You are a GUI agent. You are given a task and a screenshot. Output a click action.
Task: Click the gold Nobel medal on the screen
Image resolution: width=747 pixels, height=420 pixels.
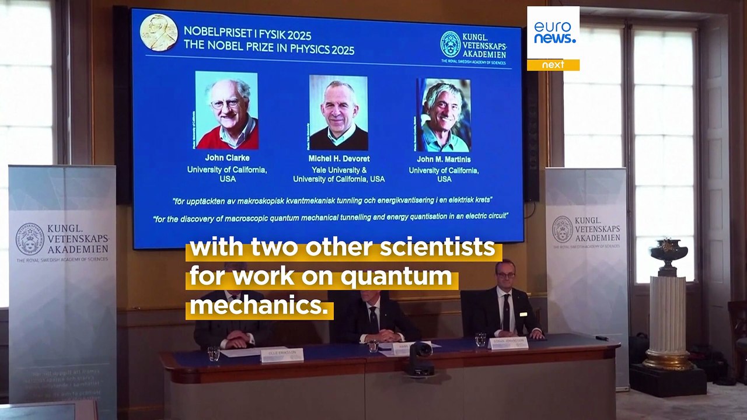(159, 33)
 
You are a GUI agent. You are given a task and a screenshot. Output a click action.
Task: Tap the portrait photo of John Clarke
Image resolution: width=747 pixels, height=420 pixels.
(226, 110)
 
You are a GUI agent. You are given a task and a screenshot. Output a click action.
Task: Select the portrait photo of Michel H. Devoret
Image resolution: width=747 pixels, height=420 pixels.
(338, 113)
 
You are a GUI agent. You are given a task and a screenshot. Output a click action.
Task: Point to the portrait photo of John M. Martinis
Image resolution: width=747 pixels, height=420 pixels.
(444, 115)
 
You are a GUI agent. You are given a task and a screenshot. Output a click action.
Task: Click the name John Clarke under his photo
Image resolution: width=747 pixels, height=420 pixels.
(226, 158)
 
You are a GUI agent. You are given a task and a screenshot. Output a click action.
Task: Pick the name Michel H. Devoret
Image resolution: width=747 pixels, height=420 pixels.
(338, 159)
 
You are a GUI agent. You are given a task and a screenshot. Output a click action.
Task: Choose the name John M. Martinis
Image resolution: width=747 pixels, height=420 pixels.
(444, 159)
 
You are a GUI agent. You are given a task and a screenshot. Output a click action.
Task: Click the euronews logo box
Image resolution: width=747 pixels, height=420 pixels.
(553, 33)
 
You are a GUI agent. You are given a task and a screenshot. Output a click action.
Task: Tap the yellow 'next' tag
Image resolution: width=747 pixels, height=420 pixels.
(553, 65)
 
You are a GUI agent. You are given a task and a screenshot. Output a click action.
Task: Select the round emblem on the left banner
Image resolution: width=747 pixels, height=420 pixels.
(30, 239)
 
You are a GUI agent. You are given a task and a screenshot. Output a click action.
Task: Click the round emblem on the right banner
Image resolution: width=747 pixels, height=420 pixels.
(563, 229)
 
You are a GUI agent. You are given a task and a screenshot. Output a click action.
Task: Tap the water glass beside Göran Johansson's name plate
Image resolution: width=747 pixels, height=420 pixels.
(480, 339)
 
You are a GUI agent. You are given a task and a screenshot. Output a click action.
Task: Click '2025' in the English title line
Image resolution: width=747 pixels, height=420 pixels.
(338, 50)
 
